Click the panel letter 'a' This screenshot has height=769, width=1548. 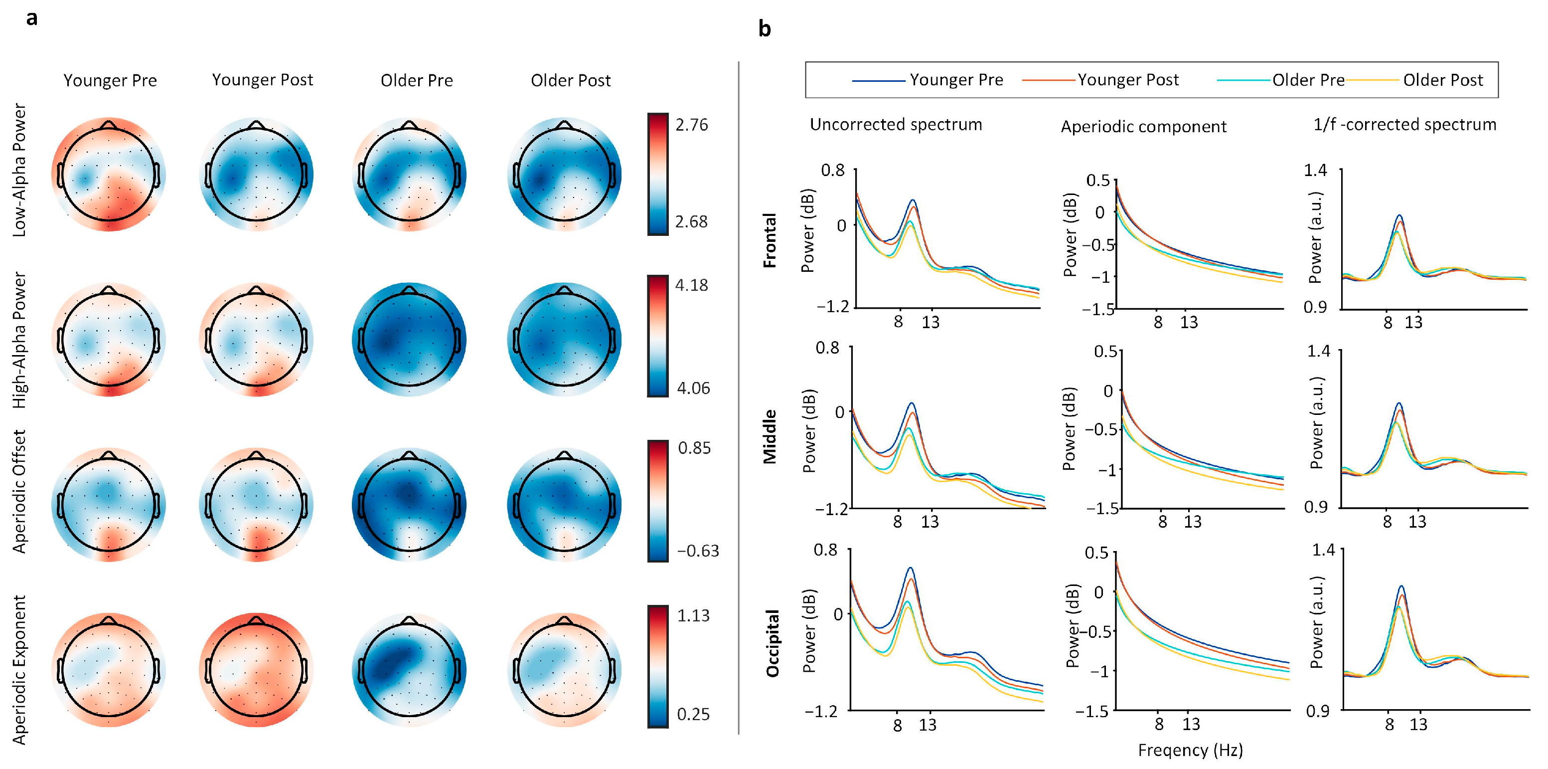(32, 18)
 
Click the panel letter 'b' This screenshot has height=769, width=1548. (765, 29)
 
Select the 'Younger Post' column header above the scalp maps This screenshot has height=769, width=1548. (263, 80)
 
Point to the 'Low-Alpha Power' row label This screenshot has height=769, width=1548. (20, 170)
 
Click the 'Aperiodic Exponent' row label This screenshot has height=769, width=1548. (20, 669)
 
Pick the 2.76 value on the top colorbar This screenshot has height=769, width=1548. (691, 125)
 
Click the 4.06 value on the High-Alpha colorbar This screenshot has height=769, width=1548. (693, 388)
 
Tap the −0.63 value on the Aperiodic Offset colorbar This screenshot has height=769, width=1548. (698, 551)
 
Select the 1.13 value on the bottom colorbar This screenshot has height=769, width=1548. (693, 616)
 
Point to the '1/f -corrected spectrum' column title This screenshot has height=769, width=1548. (1404, 125)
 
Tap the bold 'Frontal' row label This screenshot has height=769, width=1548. (770, 240)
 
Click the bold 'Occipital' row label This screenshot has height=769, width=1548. (772, 643)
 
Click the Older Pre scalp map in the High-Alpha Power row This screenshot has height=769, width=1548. (409, 340)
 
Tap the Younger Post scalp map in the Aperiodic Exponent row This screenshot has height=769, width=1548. (256, 670)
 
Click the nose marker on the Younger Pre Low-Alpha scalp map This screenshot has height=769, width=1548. (108, 125)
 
